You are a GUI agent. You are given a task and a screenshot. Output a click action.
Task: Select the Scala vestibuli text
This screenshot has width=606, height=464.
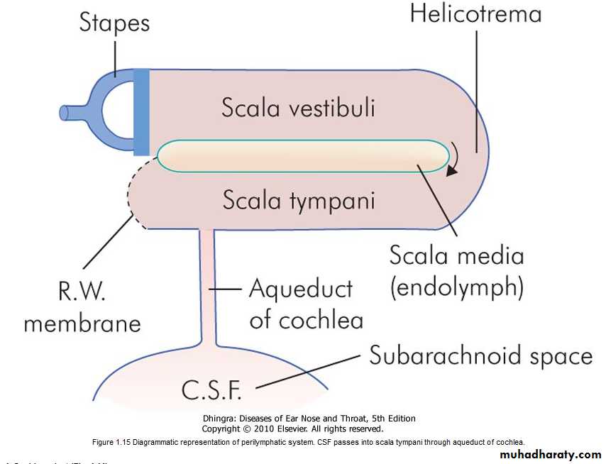[x=298, y=108]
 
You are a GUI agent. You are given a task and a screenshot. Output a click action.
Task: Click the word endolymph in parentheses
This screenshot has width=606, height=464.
[x=457, y=288]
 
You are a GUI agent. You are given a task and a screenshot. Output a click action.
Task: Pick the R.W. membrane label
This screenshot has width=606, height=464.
[x=82, y=306]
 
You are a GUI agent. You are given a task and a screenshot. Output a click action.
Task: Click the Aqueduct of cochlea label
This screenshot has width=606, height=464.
[x=305, y=304]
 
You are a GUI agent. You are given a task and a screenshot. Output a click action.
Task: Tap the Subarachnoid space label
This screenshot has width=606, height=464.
[x=480, y=354]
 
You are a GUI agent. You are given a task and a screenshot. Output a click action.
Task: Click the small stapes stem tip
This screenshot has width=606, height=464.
[x=65, y=112]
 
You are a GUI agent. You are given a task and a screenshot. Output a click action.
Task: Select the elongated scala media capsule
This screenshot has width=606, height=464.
[x=302, y=155]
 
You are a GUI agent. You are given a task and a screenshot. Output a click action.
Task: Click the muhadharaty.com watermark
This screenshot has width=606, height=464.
[x=551, y=454]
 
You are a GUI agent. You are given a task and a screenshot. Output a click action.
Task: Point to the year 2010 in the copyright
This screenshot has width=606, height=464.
[x=267, y=429]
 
